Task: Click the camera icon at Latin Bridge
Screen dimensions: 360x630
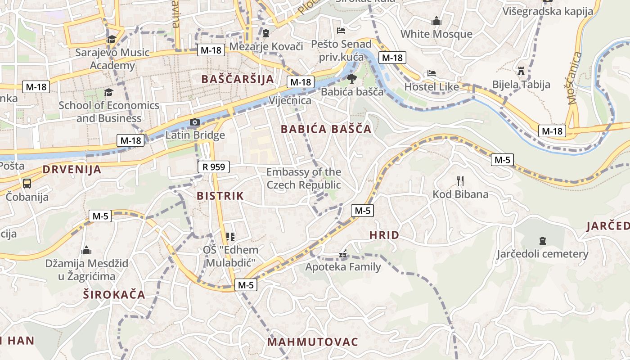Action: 195,122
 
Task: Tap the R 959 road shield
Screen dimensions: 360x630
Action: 214,167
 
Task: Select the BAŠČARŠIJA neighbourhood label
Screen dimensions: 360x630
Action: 237,79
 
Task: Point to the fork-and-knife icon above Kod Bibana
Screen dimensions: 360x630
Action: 460,181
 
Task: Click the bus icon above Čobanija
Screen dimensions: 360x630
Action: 27,184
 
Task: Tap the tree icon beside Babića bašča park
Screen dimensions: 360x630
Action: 351,79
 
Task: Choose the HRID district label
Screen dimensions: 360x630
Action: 384,235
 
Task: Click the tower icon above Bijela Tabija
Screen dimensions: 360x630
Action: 521,71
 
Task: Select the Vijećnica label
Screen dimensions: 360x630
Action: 290,100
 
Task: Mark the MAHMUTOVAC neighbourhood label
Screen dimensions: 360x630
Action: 313,342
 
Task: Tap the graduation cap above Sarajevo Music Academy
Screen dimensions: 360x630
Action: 112,40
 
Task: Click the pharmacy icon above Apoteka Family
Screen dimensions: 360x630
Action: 343,255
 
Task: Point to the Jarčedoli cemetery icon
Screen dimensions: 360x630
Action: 542,241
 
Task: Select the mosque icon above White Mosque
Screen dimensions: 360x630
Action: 436,21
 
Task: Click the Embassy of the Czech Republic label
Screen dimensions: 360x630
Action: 304,178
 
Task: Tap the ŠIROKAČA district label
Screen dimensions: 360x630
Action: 114,295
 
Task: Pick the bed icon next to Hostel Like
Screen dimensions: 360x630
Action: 432,73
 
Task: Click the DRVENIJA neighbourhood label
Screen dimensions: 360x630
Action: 72,170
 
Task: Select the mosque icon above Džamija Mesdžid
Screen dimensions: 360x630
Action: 86,250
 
